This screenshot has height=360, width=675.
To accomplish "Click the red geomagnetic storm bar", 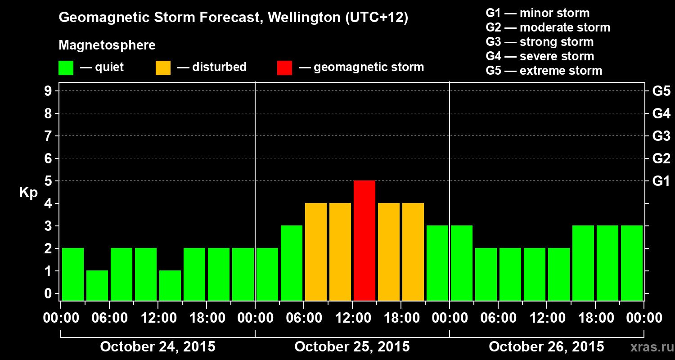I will pos(364,240).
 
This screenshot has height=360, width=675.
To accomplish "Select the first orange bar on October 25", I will pos(316,252).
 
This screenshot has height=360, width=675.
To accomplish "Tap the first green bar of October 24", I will pos(73,274).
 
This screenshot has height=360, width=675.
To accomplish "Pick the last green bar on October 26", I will pos(632,263).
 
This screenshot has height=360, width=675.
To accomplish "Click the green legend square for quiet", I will pos(66,67).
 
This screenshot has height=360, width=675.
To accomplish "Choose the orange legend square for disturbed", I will pos(163,67).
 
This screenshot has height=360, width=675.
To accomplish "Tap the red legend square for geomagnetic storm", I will pos(284,67).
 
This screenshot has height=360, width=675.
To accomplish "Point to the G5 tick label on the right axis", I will pos(661,91).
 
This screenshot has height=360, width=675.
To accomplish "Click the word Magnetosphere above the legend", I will pos(107,45).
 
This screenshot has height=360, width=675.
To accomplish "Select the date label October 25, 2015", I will pos(352,347).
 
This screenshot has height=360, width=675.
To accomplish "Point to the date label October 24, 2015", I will pos(157,347).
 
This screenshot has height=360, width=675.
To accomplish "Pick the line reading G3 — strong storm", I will pos(540,42).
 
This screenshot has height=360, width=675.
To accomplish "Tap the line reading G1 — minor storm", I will pos(537,13).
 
